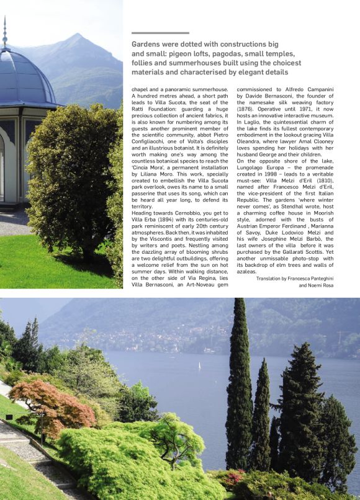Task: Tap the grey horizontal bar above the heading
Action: tap(160, 33)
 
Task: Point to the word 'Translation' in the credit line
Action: tap(271, 279)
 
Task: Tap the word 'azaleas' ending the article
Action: tap(247, 271)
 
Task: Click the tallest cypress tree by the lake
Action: tap(239, 385)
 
